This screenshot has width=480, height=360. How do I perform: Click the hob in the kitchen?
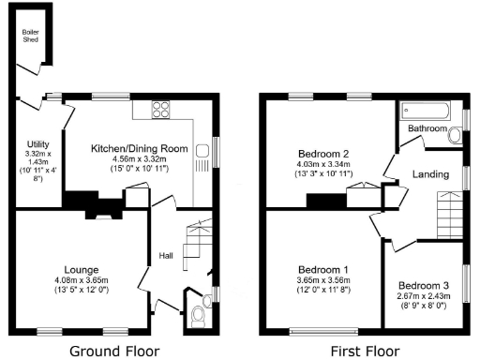point(161,108)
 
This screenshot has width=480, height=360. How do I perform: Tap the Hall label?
point(165,255)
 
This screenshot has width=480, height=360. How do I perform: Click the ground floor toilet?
point(194,317)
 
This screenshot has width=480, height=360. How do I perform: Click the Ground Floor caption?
point(116,351)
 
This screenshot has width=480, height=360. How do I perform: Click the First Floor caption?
point(364,351)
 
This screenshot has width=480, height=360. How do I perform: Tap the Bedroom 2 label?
point(323,154)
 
